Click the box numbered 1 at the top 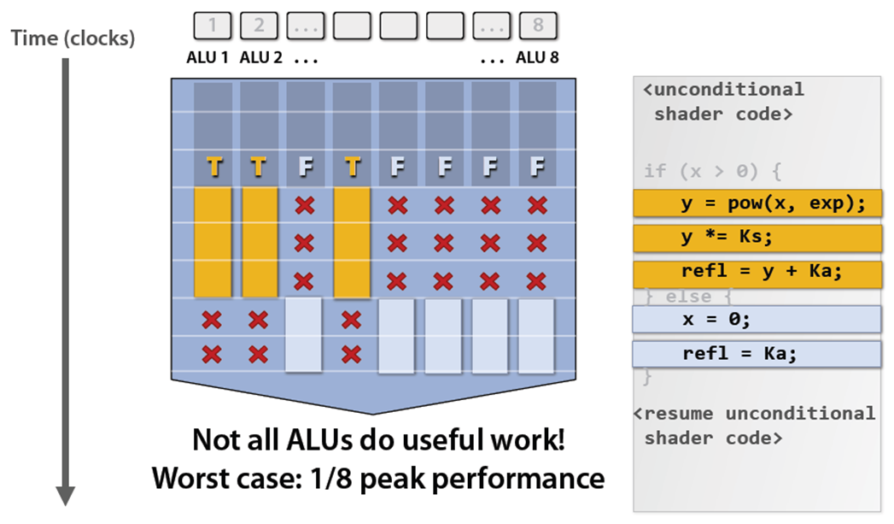[x=213, y=26]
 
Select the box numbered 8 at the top [x=537, y=26]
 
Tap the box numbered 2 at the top [x=259, y=26]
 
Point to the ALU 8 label [x=538, y=59]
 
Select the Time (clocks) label [x=73, y=38]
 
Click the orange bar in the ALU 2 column [x=260, y=242]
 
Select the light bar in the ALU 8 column [x=536, y=335]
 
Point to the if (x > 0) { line [x=713, y=171]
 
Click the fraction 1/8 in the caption [x=359, y=477]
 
